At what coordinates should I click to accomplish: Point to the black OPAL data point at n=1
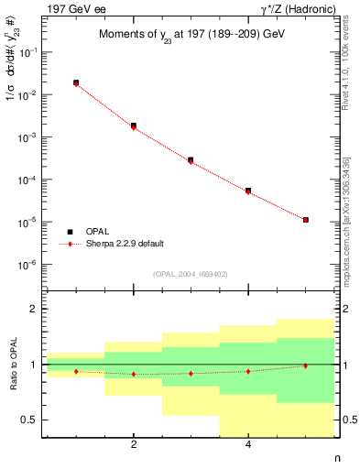76,82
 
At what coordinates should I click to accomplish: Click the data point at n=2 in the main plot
134,125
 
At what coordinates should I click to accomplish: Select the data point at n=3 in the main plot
191,160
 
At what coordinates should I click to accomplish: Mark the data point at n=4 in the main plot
248,191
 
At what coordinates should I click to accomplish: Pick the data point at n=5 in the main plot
305,220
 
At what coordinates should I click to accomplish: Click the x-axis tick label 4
248,445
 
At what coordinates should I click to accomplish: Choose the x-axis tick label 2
134,445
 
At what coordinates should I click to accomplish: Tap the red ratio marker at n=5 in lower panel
305,365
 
